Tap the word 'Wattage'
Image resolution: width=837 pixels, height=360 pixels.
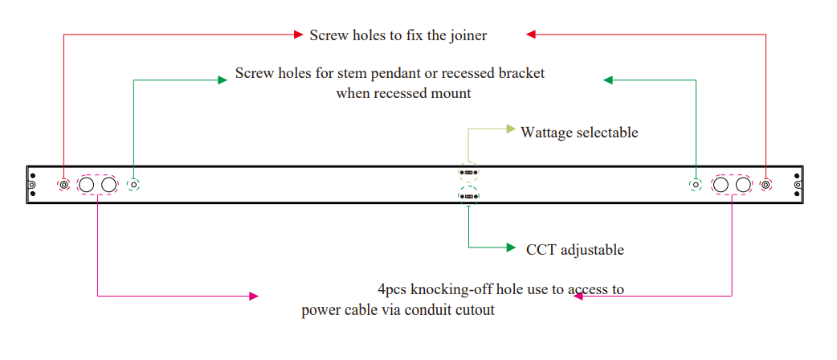(549, 133)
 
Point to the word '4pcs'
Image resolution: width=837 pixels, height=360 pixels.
(394, 289)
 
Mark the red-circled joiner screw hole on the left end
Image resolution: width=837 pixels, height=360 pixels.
(64, 185)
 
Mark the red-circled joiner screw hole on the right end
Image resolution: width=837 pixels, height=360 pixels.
(766, 185)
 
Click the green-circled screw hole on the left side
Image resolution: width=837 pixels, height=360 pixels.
(134, 185)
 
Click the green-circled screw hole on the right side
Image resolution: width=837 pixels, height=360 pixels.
(696, 185)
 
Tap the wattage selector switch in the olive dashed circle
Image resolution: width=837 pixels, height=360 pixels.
(467, 172)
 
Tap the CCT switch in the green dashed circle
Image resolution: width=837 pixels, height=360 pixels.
(467, 194)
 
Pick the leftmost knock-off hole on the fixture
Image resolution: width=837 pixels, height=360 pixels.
(87, 186)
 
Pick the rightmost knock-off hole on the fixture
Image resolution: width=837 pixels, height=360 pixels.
(744, 186)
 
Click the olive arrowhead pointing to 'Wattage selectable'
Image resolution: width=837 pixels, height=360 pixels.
(510, 129)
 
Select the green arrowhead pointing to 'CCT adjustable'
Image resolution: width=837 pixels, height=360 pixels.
(510, 247)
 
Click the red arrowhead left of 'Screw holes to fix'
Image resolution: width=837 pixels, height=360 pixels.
(296, 35)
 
